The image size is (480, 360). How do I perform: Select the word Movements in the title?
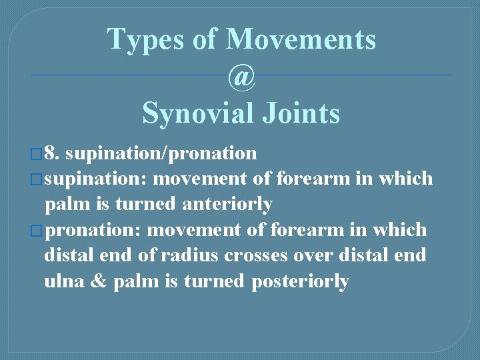[301, 40]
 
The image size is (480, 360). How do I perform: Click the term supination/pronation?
[162, 154]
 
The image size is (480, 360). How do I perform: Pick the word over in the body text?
[316, 256]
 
